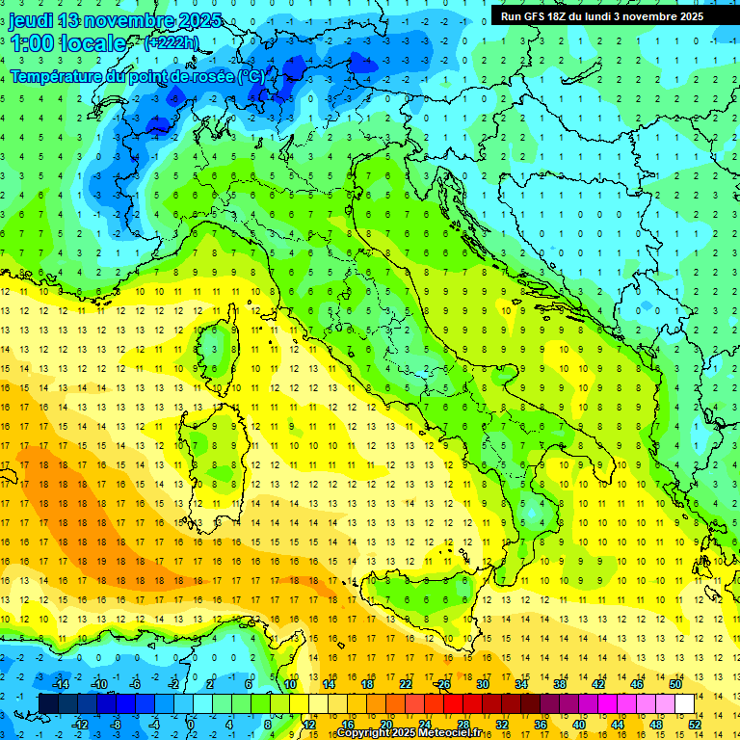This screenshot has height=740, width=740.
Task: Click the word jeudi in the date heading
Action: coord(32,20)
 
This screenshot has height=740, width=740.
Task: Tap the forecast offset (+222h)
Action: coord(172,42)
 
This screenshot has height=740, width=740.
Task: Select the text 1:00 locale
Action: coord(67,43)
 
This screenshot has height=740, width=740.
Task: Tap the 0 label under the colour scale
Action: coord(190,724)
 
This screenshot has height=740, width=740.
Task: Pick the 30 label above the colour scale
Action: coord(483,684)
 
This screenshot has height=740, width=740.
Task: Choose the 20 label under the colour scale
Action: coord(385,724)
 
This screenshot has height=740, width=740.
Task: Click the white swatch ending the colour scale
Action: coord(684,703)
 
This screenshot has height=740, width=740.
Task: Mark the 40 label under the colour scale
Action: coord(578,724)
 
